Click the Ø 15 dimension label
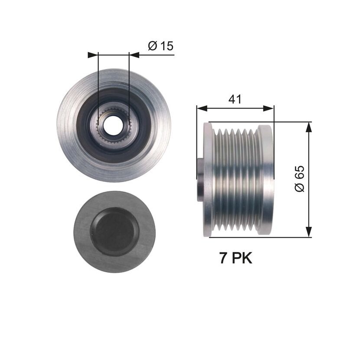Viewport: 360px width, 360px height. pyautogui.click(x=161, y=46)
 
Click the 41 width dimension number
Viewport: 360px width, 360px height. pyautogui.click(x=235, y=99)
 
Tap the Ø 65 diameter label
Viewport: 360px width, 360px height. pyautogui.click(x=299, y=178)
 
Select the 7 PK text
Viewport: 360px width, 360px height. pyautogui.click(x=236, y=258)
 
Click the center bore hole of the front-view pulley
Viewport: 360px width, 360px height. pyautogui.click(x=112, y=126)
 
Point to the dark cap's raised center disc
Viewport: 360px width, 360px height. pyautogui.click(x=115, y=232)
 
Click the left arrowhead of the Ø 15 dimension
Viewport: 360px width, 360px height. pyautogui.click(x=93, y=55)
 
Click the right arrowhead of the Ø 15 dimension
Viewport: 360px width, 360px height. pyautogui.click(x=134, y=55)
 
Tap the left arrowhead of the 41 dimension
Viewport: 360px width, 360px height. pyautogui.click(x=202, y=108)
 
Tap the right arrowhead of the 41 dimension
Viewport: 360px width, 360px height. pyautogui.click(x=268, y=108)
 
